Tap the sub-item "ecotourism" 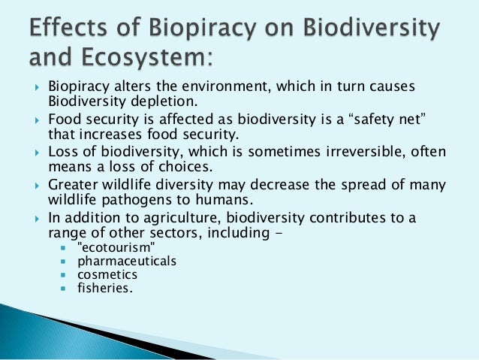(x=115, y=247)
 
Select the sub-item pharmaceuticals (x=127, y=261)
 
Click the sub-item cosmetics (x=107, y=274)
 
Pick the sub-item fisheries (x=104, y=287)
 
